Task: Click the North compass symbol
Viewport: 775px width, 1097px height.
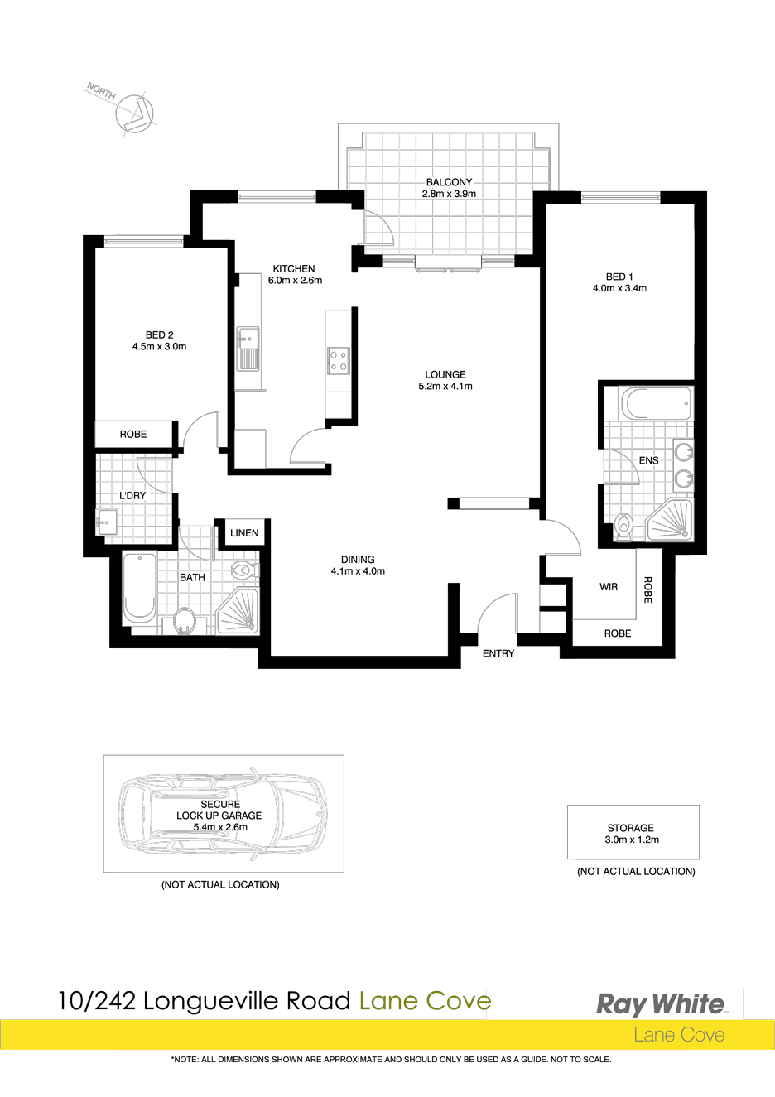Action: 134,113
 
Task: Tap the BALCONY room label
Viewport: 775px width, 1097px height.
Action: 448,182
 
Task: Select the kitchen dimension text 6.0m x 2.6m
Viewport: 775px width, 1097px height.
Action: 295,280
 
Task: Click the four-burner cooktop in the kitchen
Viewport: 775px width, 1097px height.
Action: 338,360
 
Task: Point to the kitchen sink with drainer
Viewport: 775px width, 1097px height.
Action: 248,349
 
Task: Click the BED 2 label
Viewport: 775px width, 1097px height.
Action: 159,335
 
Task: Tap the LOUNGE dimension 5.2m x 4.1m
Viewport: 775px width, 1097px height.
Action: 445,386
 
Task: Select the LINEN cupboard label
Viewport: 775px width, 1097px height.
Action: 244,533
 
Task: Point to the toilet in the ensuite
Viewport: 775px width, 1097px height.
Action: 623,526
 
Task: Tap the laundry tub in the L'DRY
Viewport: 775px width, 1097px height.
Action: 107,522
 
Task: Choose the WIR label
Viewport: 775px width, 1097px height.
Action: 609,587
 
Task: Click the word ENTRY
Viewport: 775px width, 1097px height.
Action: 498,653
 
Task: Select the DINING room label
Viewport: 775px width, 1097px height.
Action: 358,560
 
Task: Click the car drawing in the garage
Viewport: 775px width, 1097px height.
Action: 224,822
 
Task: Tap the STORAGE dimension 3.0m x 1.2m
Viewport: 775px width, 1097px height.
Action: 632,840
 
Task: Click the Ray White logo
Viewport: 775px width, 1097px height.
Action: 660,1004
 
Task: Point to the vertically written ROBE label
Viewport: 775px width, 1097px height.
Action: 647,589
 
